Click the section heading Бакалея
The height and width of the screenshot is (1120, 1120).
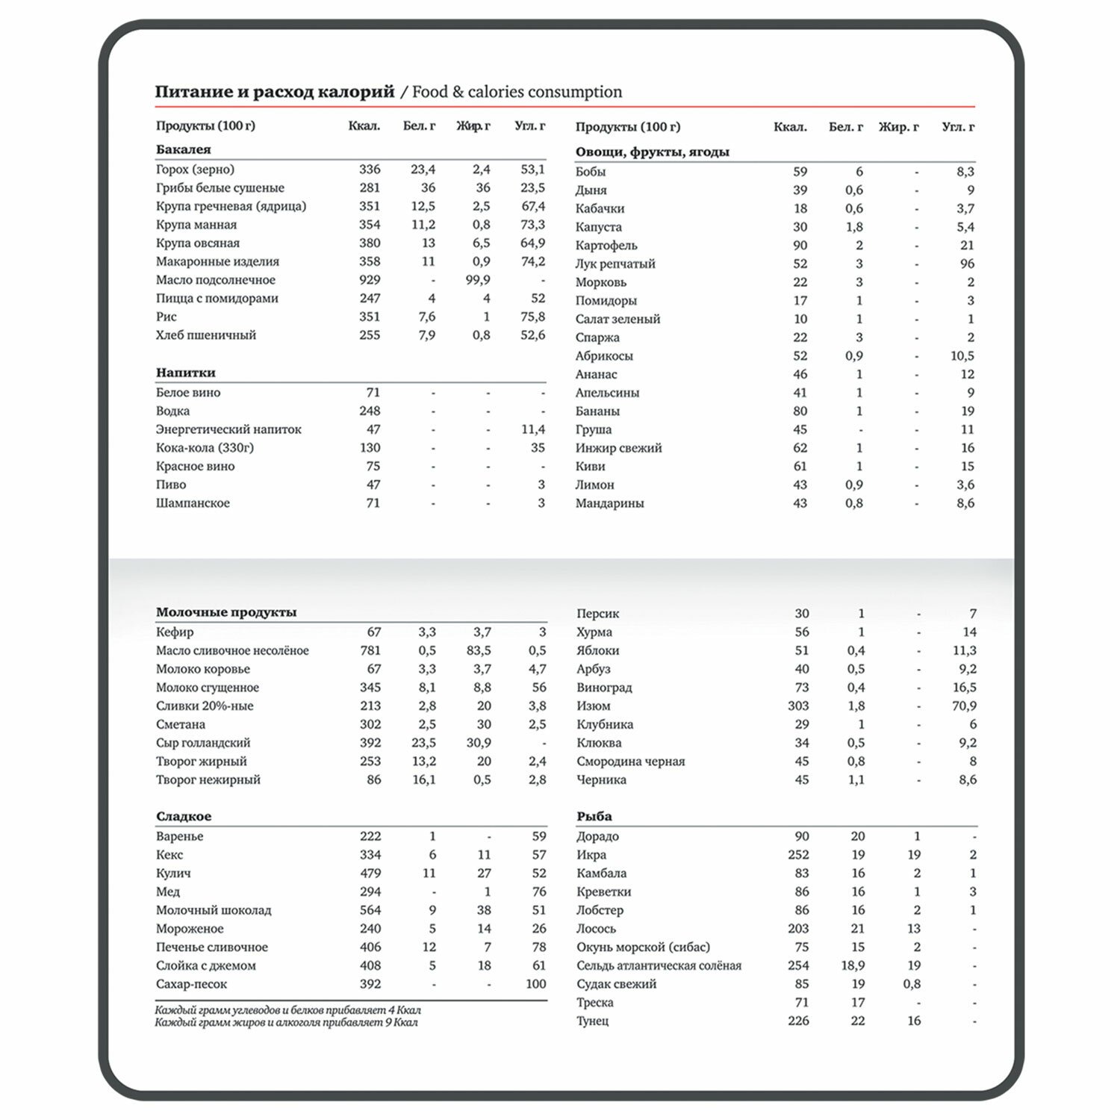[183, 149]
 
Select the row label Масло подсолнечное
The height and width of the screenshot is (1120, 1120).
[215, 280]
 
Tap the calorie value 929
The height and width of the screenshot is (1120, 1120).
[370, 280]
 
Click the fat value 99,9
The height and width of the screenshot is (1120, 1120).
[477, 280]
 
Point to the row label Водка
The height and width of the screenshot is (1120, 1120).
[172, 411]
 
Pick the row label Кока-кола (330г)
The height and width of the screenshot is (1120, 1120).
[205, 448]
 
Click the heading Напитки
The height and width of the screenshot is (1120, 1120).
[185, 373]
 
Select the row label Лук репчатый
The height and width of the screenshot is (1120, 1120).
[615, 264]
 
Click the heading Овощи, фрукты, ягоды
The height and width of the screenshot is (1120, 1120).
[652, 152]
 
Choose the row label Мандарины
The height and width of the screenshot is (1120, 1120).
[609, 503]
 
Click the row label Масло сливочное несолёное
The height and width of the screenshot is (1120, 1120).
[232, 650]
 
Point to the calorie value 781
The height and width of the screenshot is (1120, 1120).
[370, 650]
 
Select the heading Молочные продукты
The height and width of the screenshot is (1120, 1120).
[226, 612]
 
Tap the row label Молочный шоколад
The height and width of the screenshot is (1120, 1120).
[214, 910]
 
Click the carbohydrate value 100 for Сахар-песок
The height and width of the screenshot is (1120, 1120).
[535, 984]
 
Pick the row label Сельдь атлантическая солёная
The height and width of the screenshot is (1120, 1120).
[659, 965]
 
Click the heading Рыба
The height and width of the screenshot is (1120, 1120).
[594, 816]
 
